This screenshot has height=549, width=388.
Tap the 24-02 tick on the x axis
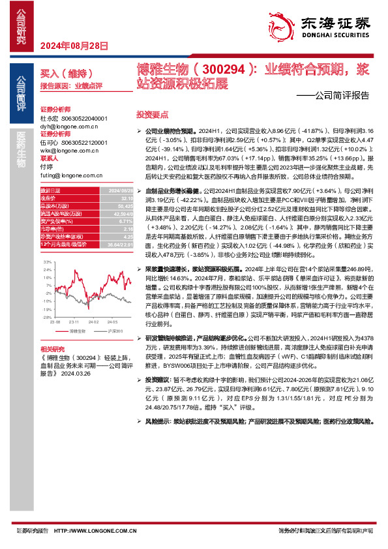[x=96, y=322]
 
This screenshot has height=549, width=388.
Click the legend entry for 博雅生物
[x=77, y=332]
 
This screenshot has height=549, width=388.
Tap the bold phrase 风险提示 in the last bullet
[x=158, y=422]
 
